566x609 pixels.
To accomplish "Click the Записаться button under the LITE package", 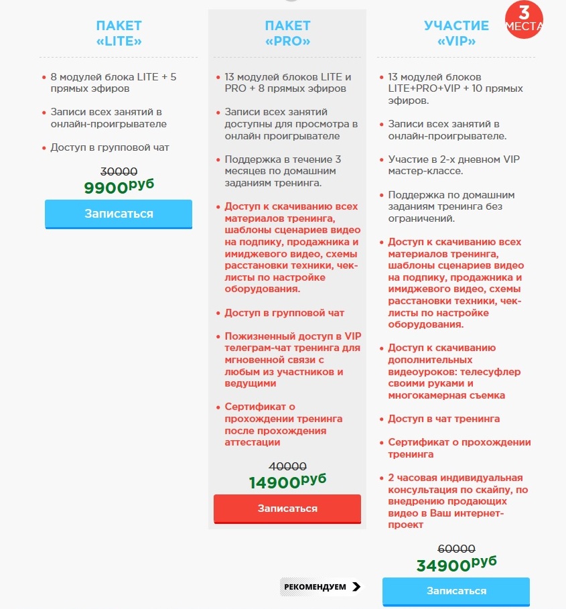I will (x=119, y=214).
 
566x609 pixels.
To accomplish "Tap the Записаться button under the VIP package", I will (x=455, y=591).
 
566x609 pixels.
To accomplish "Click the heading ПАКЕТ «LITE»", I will (x=119, y=33).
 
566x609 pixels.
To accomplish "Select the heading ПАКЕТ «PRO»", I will (x=287, y=33).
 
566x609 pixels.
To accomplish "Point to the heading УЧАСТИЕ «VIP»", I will (x=456, y=33).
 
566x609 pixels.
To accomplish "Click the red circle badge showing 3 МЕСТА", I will (x=524, y=19).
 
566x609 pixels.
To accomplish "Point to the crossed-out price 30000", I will (x=119, y=171).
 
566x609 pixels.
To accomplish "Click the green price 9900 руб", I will (x=119, y=187).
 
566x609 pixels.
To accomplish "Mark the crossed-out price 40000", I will (x=287, y=466).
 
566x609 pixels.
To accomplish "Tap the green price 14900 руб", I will (x=287, y=482).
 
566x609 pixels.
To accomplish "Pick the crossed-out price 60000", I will (x=456, y=548).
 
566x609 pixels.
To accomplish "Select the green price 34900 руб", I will (x=456, y=565).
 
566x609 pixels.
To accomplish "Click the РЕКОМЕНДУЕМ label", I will (x=315, y=587).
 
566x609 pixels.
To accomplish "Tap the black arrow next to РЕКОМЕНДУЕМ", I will (x=356, y=587).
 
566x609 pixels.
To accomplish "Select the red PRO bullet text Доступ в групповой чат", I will (x=284, y=313).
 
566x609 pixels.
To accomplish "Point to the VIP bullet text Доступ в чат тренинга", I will (x=444, y=419).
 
